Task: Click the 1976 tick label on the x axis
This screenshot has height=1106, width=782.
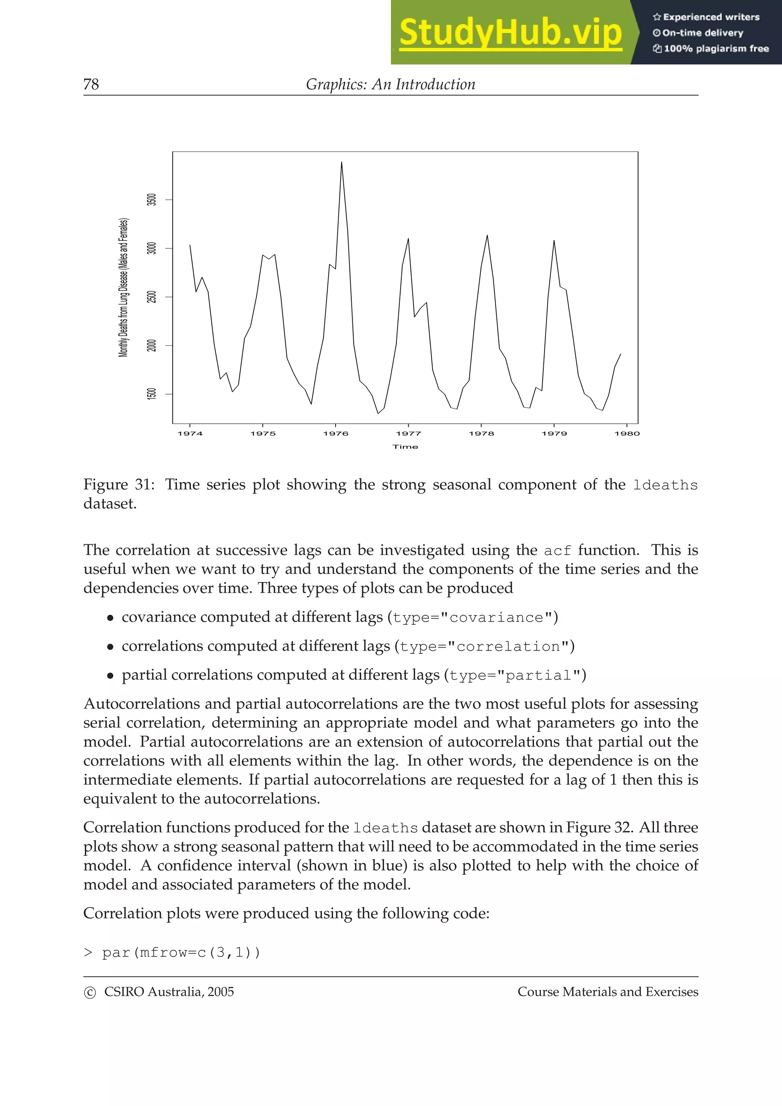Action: [x=336, y=434]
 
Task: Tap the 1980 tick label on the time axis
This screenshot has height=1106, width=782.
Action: [x=627, y=434]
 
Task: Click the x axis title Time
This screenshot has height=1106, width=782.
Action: [x=405, y=447]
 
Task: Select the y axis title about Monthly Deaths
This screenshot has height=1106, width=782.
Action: [x=124, y=288]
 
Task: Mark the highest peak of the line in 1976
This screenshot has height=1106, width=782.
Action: [x=342, y=162]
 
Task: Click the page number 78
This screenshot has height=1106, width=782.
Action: [x=91, y=84]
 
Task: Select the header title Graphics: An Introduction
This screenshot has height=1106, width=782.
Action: [x=390, y=84]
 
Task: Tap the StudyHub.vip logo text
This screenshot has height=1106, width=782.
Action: [x=510, y=33]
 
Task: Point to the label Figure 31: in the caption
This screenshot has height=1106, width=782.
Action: [x=119, y=484]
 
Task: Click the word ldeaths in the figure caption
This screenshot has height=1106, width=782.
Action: [x=665, y=485]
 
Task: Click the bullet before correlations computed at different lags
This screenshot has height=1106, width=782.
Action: [x=110, y=647]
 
